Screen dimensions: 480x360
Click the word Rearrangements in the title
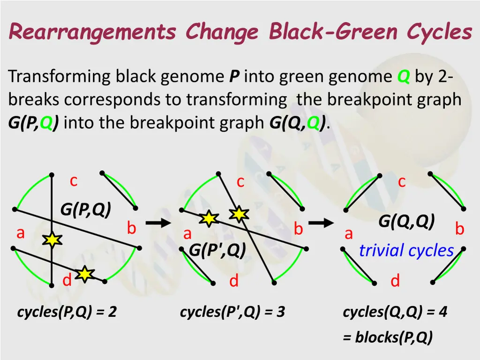[x=92, y=32]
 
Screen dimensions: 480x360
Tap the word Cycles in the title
[x=439, y=32]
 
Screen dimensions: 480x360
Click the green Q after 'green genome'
[x=403, y=76]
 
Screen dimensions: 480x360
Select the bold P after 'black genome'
[x=234, y=76]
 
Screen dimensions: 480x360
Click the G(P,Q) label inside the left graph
[x=85, y=211]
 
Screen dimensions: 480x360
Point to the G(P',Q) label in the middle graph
[x=217, y=251]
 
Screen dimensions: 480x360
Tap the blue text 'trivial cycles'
[x=406, y=251]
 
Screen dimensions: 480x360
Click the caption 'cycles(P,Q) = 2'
[x=67, y=312]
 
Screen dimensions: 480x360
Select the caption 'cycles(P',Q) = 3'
[x=232, y=312]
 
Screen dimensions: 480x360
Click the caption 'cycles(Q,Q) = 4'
[x=395, y=312]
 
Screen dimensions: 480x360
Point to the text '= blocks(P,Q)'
[x=388, y=337]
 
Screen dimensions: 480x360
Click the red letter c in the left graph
[x=74, y=181]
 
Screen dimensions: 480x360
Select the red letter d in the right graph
[x=395, y=281]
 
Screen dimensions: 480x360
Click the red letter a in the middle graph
[x=187, y=233]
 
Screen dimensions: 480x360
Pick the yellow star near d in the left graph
[x=84, y=274]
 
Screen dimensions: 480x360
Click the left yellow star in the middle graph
[x=209, y=218]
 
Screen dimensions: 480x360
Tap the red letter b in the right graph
[x=459, y=229]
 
